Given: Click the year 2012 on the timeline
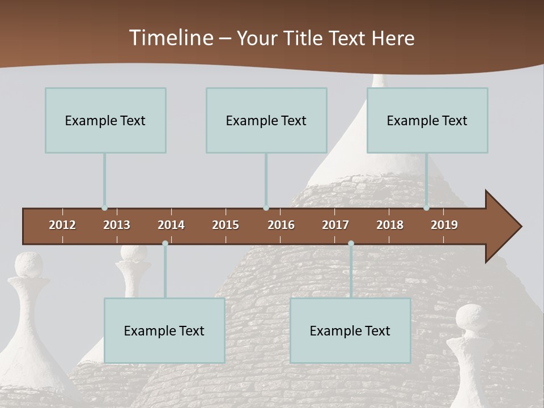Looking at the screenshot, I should (x=62, y=225).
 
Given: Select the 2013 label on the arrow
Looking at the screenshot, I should (x=117, y=225).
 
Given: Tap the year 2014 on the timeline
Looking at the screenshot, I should (x=171, y=225).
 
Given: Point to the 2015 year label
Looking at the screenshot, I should (x=226, y=225).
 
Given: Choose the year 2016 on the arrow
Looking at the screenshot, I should (x=281, y=225).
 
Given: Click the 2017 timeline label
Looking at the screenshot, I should (x=335, y=225).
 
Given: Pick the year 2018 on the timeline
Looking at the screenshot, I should (x=390, y=225).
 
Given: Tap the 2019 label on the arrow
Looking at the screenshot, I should (x=444, y=225).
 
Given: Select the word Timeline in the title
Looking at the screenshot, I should (x=171, y=38).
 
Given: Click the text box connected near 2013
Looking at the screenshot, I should (x=105, y=120).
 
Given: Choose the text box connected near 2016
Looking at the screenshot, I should (x=266, y=120).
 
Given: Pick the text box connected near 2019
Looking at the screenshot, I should (x=427, y=120).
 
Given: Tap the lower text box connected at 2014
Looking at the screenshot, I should (x=164, y=330).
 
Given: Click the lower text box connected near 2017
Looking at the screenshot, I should (x=350, y=330).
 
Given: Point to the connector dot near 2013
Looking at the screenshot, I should (x=104, y=208).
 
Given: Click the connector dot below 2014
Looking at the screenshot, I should (x=165, y=243).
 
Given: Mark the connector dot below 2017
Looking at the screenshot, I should (x=351, y=243).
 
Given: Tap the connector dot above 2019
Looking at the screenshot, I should (x=426, y=208).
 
